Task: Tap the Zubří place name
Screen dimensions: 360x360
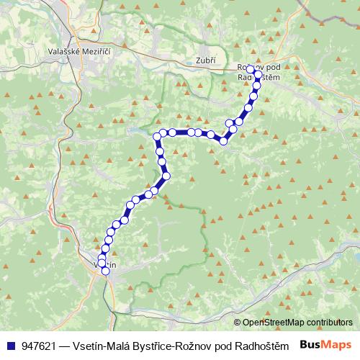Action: [205, 60]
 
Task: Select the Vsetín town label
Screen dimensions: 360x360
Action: [104, 264]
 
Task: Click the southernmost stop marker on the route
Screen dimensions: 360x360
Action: [106, 271]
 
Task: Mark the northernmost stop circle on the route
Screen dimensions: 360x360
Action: [250, 71]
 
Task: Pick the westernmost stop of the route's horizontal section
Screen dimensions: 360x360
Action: [157, 135]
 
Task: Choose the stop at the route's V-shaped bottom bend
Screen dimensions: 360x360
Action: [223, 141]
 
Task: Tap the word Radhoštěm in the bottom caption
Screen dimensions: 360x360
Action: [263, 345]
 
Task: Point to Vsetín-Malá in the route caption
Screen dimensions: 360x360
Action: [100, 345]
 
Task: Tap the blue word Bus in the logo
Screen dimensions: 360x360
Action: [311, 345]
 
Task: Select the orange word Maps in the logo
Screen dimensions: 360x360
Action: [337, 345]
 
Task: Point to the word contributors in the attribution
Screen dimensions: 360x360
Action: [328, 323]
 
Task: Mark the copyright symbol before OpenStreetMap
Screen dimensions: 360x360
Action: [238, 323]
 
